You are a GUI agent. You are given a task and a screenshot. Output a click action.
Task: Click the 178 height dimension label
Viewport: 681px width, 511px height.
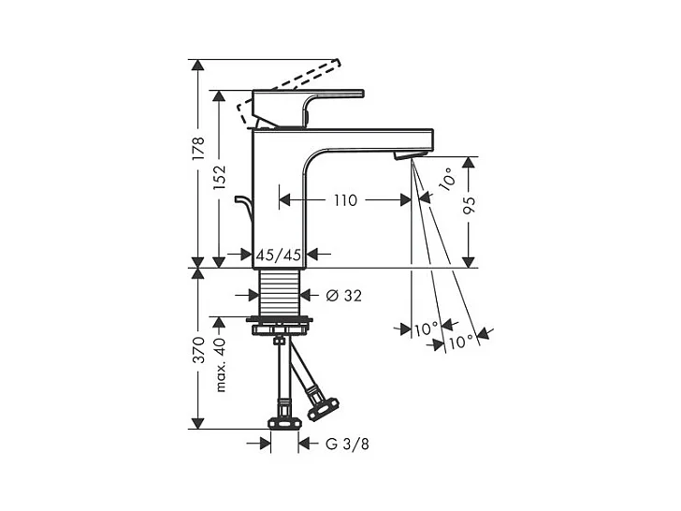pyautogui.click(x=198, y=149)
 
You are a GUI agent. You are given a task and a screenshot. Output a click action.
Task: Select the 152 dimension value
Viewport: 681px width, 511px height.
pyautogui.click(x=219, y=177)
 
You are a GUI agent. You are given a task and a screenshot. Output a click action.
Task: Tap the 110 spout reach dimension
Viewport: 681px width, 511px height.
pyautogui.click(x=346, y=200)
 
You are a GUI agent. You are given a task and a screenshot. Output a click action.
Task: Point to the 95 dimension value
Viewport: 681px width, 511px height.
pyautogui.click(x=468, y=205)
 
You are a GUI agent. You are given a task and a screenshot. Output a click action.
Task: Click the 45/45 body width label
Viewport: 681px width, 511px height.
pyautogui.click(x=279, y=255)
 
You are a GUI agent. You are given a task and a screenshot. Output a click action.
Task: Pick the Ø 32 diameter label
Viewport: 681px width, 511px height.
pyautogui.click(x=344, y=296)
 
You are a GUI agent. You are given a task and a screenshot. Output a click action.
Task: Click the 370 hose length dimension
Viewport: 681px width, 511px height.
pyautogui.click(x=198, y=349)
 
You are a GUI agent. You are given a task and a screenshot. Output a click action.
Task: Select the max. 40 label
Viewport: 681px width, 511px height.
pyautogui.click(x=220, y=365)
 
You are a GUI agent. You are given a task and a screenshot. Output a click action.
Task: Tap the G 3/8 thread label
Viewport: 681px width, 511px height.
pyautogui.click(x=347, y=444)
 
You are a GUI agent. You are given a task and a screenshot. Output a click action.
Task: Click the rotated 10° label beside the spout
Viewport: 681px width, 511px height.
pyautogui.click(x=447, y=180)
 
